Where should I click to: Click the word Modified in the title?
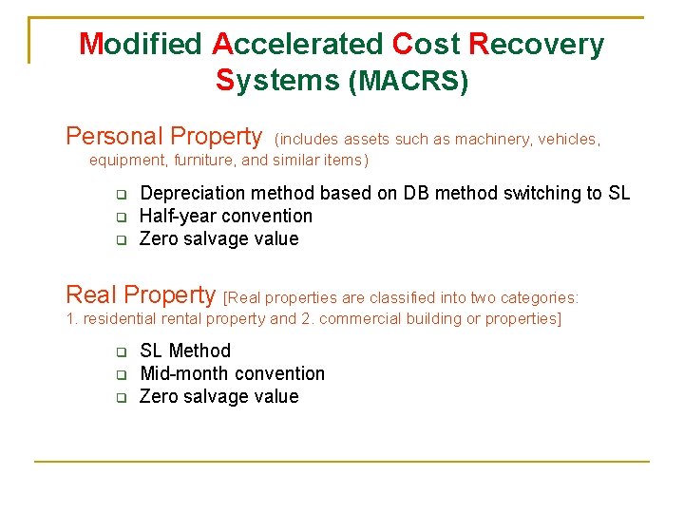tap(141, 45)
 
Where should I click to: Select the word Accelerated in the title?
tap(297, 45)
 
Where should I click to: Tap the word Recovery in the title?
tap(537, 45)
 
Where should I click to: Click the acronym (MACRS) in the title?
tap(408, 83)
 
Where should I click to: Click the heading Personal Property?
tap(163, 137)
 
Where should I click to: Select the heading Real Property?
tap(141, 294)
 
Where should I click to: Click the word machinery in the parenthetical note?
tap(494, 140)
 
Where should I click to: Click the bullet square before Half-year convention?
tap(122, 218)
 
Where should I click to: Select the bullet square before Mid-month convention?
tap(122, 375)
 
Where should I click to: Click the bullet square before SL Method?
tap(122, 352)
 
